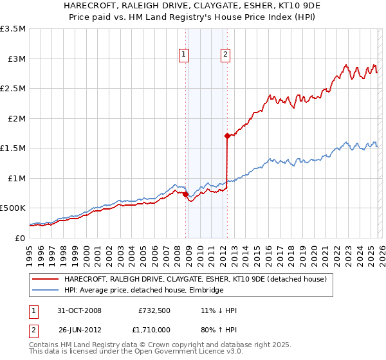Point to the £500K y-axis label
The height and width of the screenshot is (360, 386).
[x=13, y=208]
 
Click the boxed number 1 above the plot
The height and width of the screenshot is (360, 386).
[x=185, y=55]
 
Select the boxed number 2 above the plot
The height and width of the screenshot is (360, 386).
[x=226, y=55]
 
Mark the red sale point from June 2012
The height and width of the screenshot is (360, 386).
[x=227, y=136]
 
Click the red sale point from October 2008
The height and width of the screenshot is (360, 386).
[x=186, y=194]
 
